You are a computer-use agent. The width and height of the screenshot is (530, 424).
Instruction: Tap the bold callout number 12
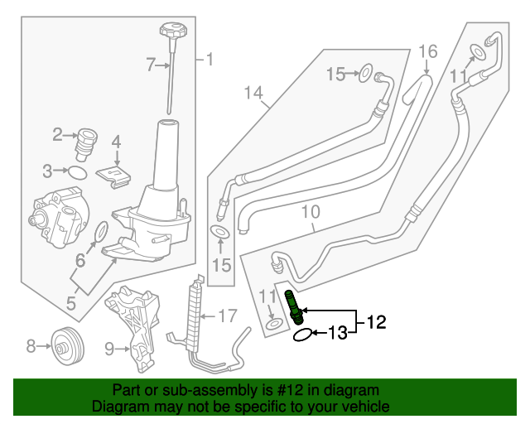[376, 322]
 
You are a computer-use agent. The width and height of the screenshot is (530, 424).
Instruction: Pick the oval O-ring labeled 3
[77, 172]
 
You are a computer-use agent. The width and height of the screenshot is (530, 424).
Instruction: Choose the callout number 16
[427, 51]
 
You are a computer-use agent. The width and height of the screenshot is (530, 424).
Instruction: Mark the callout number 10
[310, 213]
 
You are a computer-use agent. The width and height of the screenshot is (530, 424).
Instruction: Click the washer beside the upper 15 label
[365, 75]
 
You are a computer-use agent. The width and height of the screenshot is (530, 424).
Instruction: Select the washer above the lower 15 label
[220, 232]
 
